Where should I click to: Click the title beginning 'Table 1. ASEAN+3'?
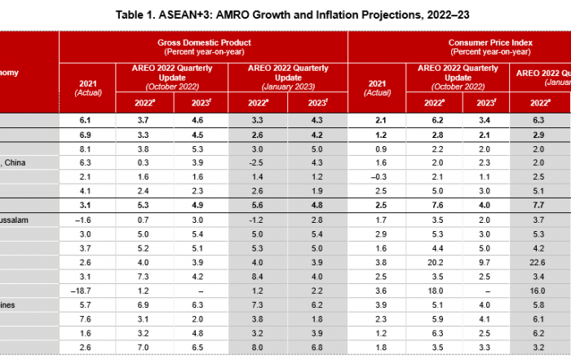285,15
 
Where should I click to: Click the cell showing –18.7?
87,291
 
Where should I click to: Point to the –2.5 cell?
259,162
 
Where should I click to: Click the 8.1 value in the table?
87,149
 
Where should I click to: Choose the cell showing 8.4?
259,276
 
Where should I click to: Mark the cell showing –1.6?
87,220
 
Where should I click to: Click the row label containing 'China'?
15,162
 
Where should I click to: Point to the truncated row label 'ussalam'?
15,220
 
